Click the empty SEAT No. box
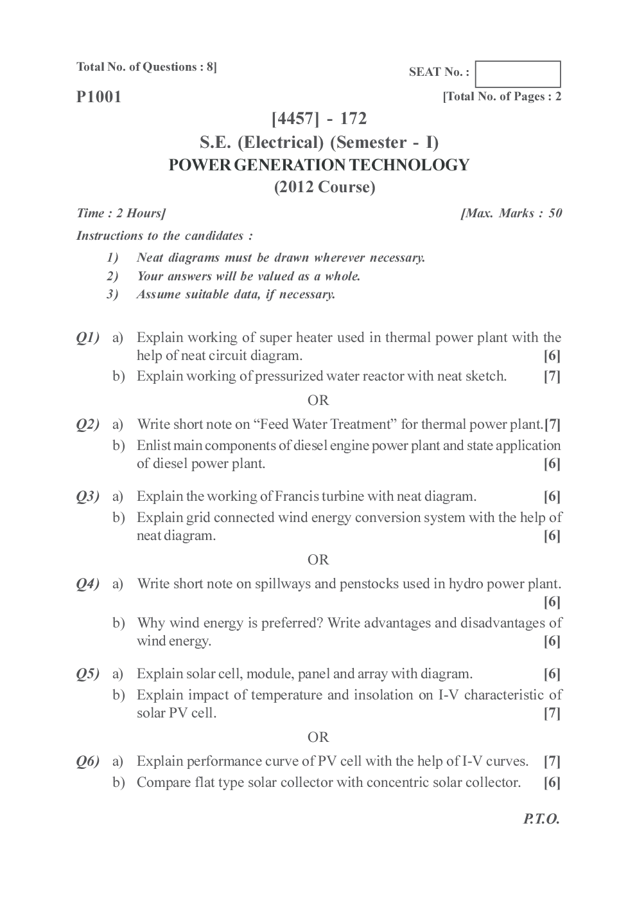pos(518,74)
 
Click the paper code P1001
pos(99,97)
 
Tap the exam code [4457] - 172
pos(319,119)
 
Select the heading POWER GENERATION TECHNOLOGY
pos(318,165)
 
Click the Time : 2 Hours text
pos(121,213)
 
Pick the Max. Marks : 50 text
pos(511,213)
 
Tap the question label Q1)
pos(88,338)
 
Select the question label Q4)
pos(88,584)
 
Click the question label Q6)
pos(88,762)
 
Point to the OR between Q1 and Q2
pos(318,401)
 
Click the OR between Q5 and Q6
pos(318,737)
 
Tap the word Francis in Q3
pos(297,496)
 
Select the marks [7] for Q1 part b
pos(552,377)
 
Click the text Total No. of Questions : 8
pos(146,67)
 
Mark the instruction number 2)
pos(112,276)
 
